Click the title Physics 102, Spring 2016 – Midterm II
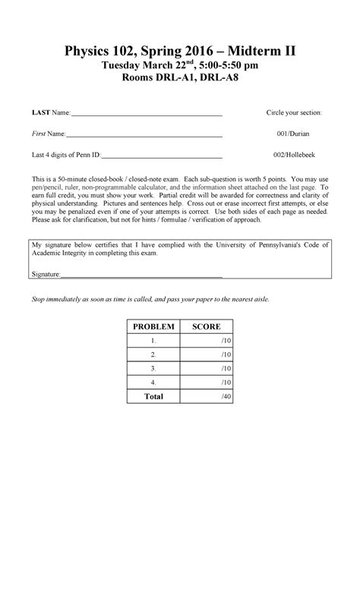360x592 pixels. pos(180,52)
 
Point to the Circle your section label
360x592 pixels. pos(293,112)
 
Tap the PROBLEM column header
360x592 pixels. pos(154,327)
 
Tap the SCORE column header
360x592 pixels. pos(207,327)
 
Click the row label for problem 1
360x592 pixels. pos(154,341)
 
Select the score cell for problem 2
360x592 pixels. pos(207,354)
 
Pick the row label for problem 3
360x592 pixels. pos(154,368)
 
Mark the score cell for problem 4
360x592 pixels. pos(207,382)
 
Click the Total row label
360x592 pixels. pos(154,396)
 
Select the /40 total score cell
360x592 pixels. pos(207,396)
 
